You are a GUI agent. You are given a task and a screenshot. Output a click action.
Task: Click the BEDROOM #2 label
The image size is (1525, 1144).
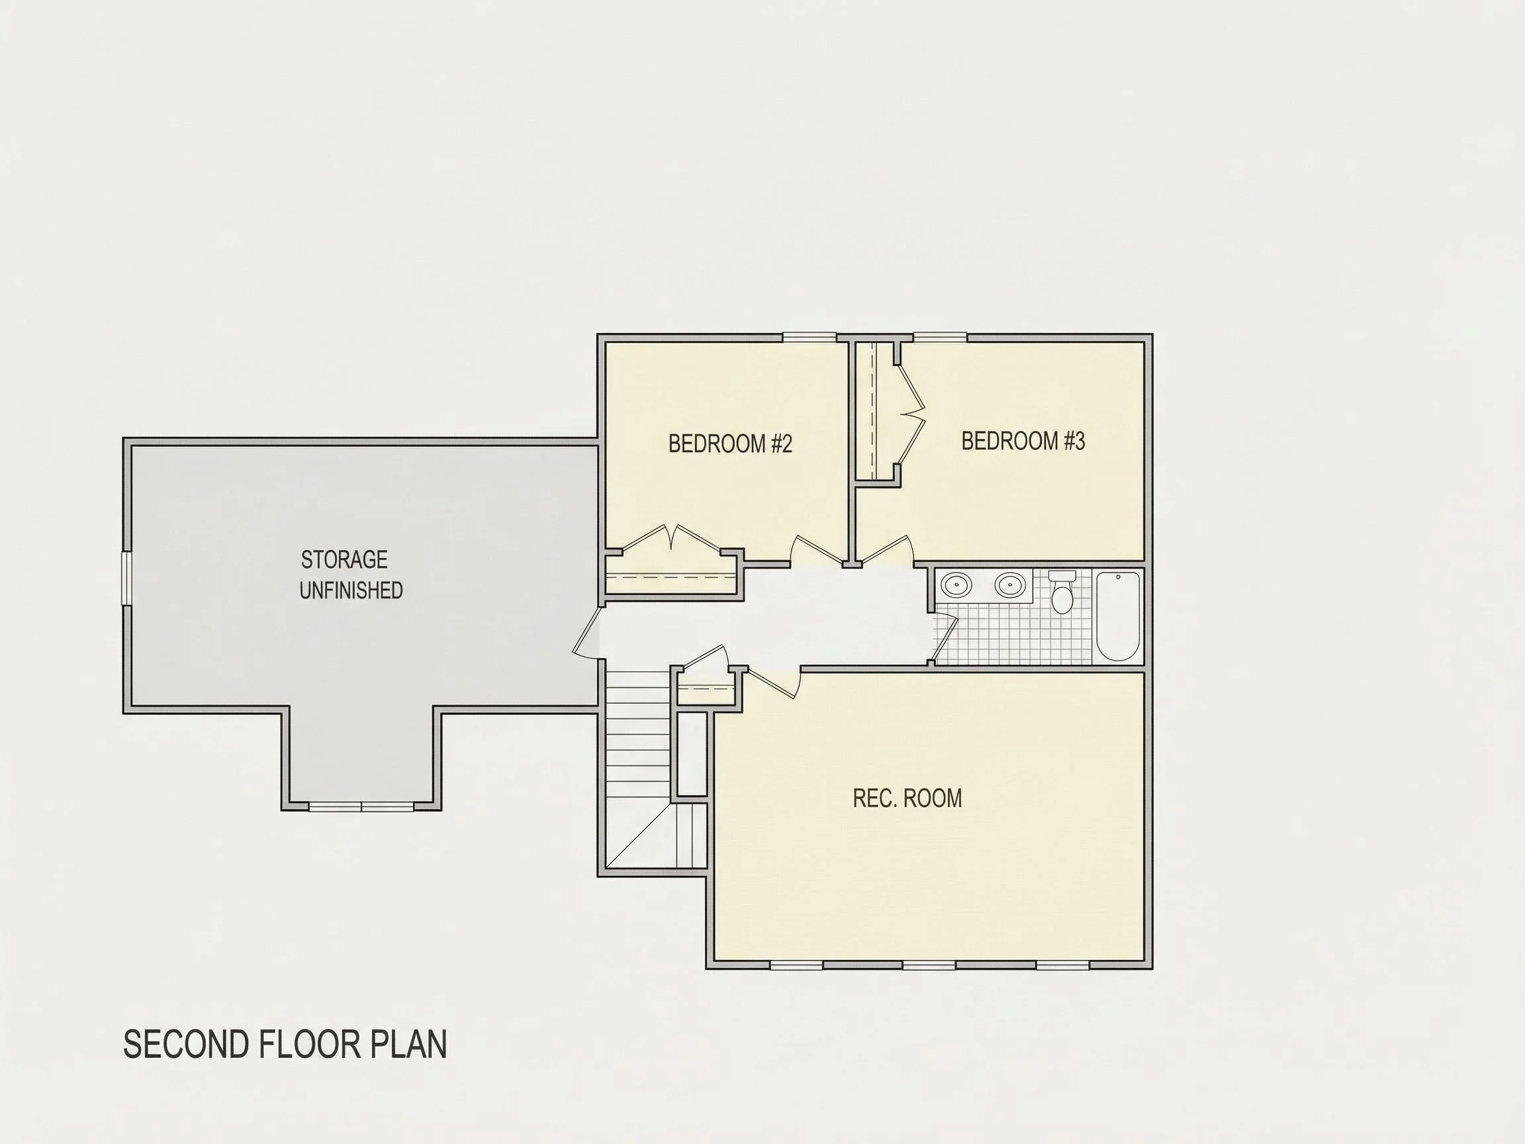(730, 444)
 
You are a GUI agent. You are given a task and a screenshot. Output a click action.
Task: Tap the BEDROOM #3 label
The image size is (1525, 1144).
(1023, 441)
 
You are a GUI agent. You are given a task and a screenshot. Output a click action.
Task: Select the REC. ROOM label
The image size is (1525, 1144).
(907, 798)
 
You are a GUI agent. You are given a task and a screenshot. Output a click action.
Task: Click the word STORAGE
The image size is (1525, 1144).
(344, 559)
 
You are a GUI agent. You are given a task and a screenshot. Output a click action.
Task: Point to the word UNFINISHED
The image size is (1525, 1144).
(351, 591)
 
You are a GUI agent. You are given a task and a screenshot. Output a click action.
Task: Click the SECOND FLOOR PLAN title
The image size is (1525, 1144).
(285, 1044)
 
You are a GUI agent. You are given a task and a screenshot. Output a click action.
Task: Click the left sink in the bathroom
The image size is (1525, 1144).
(956, 585)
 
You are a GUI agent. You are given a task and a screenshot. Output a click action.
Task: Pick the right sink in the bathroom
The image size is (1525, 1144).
(1009, 585)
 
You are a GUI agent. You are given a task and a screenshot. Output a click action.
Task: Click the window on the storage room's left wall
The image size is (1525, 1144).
(127, 578)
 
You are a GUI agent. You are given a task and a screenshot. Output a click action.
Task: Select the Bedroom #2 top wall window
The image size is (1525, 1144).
(809, 337)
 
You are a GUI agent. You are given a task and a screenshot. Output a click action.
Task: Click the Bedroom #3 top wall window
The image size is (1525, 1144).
(940, 337)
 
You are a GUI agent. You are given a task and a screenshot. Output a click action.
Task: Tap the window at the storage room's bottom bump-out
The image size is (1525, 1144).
(361, 806)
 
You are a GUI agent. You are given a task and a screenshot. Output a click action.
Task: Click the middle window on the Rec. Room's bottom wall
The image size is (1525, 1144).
(929, 965)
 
